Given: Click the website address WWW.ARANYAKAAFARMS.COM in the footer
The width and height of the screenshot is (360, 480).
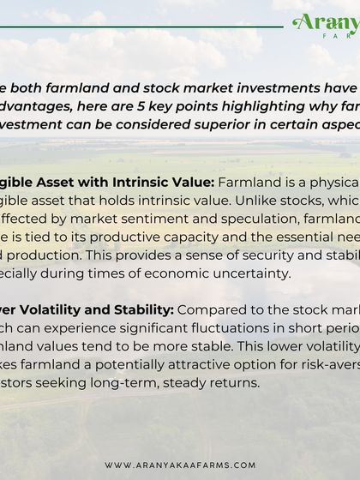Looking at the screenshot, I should [x=180, y=465].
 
